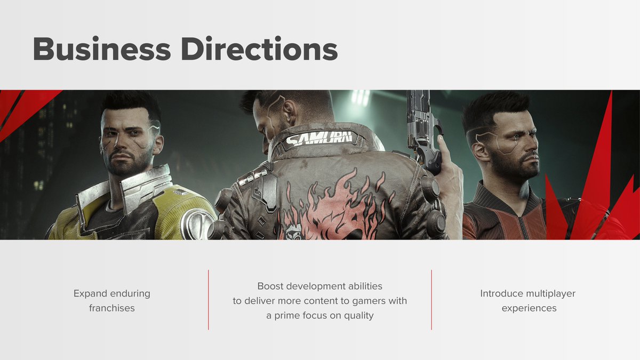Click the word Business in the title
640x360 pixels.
coord(101,50)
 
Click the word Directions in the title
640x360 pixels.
coord(259,50)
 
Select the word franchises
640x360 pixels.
coord(112,308)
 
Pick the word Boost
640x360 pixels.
coord(270,286)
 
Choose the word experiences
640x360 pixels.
coord(529,308)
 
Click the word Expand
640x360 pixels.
coord(90,293)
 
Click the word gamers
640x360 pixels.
coord(368,301)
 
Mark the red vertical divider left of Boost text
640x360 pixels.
coord(209,300)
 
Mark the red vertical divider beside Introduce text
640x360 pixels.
coord(431,300)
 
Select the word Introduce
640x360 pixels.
coord(502,294)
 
